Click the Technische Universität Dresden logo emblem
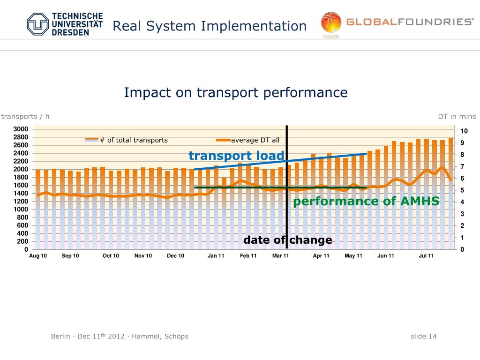point(37,24)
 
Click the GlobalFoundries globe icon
point(331,23)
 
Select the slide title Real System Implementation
point(209,26)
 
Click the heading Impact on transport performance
point(235,92)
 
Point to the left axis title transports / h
point(25,117)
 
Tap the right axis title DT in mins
point(457,117)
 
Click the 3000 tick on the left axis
point(23,129)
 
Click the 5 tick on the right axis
point(462,190)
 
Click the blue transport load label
point(236,156)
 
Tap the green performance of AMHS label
point(366,202)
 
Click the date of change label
point(287,240)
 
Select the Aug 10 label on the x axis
point(38,255)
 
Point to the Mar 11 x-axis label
point(280,255)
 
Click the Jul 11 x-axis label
point(426,255)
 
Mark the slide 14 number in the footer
point(423,336)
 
